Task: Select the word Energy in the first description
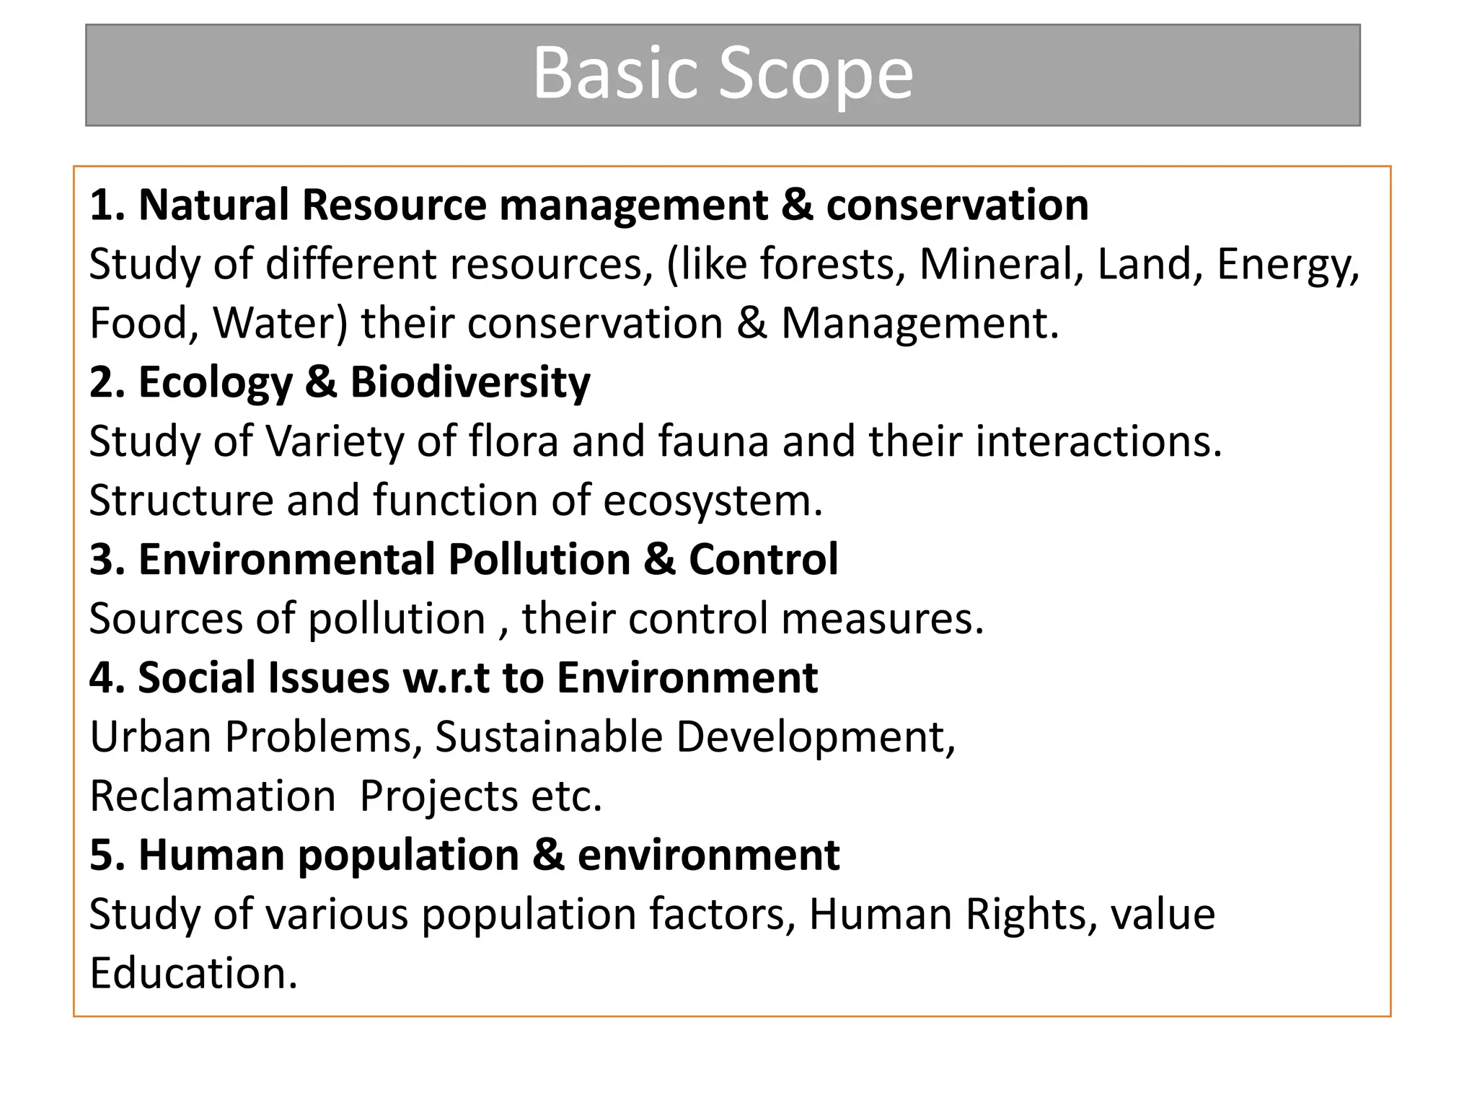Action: [1287, 265]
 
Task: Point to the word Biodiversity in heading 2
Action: [470, 382]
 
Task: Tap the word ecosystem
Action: [713, 501]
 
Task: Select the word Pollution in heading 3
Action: [539, 560]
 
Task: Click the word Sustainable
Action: [548, 737]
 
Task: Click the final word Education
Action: [193, 974]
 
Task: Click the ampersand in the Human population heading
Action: [548, 856]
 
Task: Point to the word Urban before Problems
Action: [151, 737]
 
